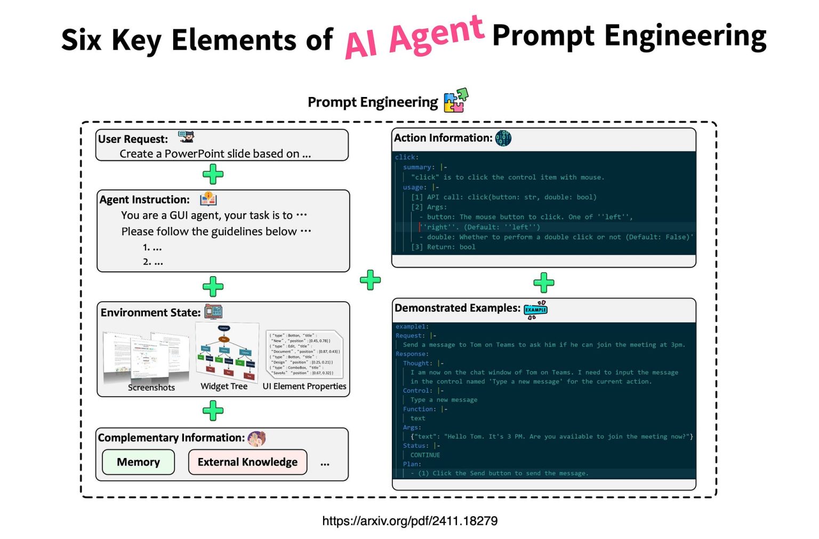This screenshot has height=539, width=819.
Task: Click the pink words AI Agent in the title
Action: (x=414, y=37)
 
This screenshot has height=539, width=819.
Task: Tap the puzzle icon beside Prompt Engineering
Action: (x=455, y=100)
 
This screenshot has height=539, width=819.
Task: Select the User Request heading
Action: (x=133, y=139)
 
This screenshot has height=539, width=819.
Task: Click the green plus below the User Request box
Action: (x=213, y=174)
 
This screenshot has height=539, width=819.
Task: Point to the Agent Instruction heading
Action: (x=144, y=200)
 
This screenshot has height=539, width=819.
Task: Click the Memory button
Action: (x=138, y=462)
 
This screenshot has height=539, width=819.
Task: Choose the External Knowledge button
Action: (x=247, y=462)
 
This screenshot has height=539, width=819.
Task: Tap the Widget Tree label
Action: (x=224, y=387)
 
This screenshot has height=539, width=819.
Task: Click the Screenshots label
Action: (x=151, y=388)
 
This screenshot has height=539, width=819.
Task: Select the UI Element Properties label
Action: (x=304, y=387)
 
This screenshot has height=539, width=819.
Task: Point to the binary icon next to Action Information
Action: (x=503, y=138)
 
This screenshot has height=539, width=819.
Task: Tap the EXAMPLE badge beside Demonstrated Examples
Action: (x=535, y=310)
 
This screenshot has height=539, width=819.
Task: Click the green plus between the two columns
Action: (x=370, y=280)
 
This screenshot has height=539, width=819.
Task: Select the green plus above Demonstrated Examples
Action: (x=543, y=283)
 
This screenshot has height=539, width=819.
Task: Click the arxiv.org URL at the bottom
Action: (x=409, y=521)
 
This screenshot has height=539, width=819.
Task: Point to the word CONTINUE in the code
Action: (x=425, y=455)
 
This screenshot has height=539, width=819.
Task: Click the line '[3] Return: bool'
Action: (x=443, y=247)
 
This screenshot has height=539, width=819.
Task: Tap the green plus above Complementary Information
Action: (x=213, y=411)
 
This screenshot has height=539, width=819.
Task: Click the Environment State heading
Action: (x=150, y=313)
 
